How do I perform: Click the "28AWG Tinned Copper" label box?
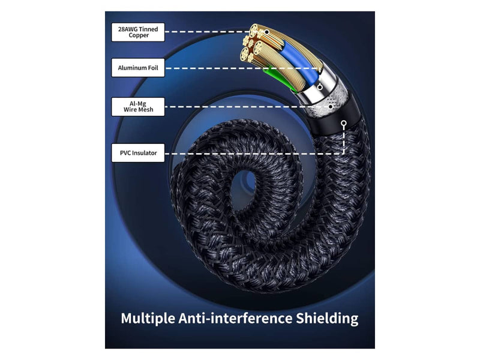pos(138,32)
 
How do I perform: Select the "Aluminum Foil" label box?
pos(138,68)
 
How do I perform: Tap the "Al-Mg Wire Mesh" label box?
pos(138,107)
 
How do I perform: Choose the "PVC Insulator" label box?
pos(138,153)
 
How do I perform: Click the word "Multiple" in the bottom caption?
pos(148,319)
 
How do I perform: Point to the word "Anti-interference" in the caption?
pos(235,318)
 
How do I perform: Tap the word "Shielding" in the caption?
pos(327,319)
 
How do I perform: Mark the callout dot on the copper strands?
pos(267,32)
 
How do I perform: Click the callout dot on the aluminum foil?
pos(320,87)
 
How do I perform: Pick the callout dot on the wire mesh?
pos(331,107)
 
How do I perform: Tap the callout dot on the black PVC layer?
pos(344,124)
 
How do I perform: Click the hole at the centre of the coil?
pos(247,188)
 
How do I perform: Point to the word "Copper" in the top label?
pos(139,35)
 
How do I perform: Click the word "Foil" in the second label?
pos(153,68)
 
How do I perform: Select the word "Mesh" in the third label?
pos(146,110)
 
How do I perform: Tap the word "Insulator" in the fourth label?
pos(144,153)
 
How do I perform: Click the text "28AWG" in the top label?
pos(127,29)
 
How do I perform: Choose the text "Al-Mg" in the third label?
pos(138,104)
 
